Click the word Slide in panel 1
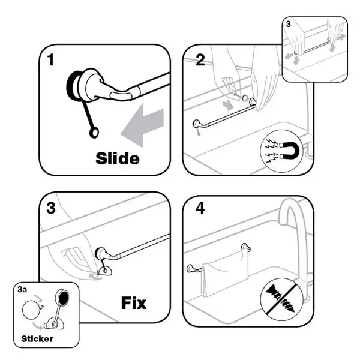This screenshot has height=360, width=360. pyautogui.click(x=118, y=158)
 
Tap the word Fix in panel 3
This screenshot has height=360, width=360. pyautogui.click(x=134, y=303)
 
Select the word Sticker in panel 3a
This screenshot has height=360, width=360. pyautogui.click(x=37, y=338)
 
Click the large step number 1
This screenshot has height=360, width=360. pyautogui.click(x=51, y=59)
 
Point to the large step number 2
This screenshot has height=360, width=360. pyautogui.click(x=200, y=60)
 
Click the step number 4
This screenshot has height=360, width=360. pyautogui.click(x=200, y=208)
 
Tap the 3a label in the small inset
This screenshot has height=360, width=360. pyautogui.click(x=22, y=290)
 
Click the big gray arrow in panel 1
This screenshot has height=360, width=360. pyautogui.click(x=142, y=125)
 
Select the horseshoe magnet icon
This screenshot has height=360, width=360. pyautogui.click(x=290, y=151)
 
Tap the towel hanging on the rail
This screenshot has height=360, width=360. pyautogui.click(x=224, y=272)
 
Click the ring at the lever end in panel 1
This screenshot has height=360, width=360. pyautogui.click(x=94, y=133)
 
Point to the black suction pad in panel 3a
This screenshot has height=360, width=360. pyautogui.click(x=62, y=298)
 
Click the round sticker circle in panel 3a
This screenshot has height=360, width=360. pyautogui.click(x=31, y=310)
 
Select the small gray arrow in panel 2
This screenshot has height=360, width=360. pyautogui.click(x=228, y=106)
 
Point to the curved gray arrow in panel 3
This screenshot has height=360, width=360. pyautogui.click(x=95, y=277)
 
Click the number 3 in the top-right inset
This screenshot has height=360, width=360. pyautogui.click(x=289, y=24)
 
